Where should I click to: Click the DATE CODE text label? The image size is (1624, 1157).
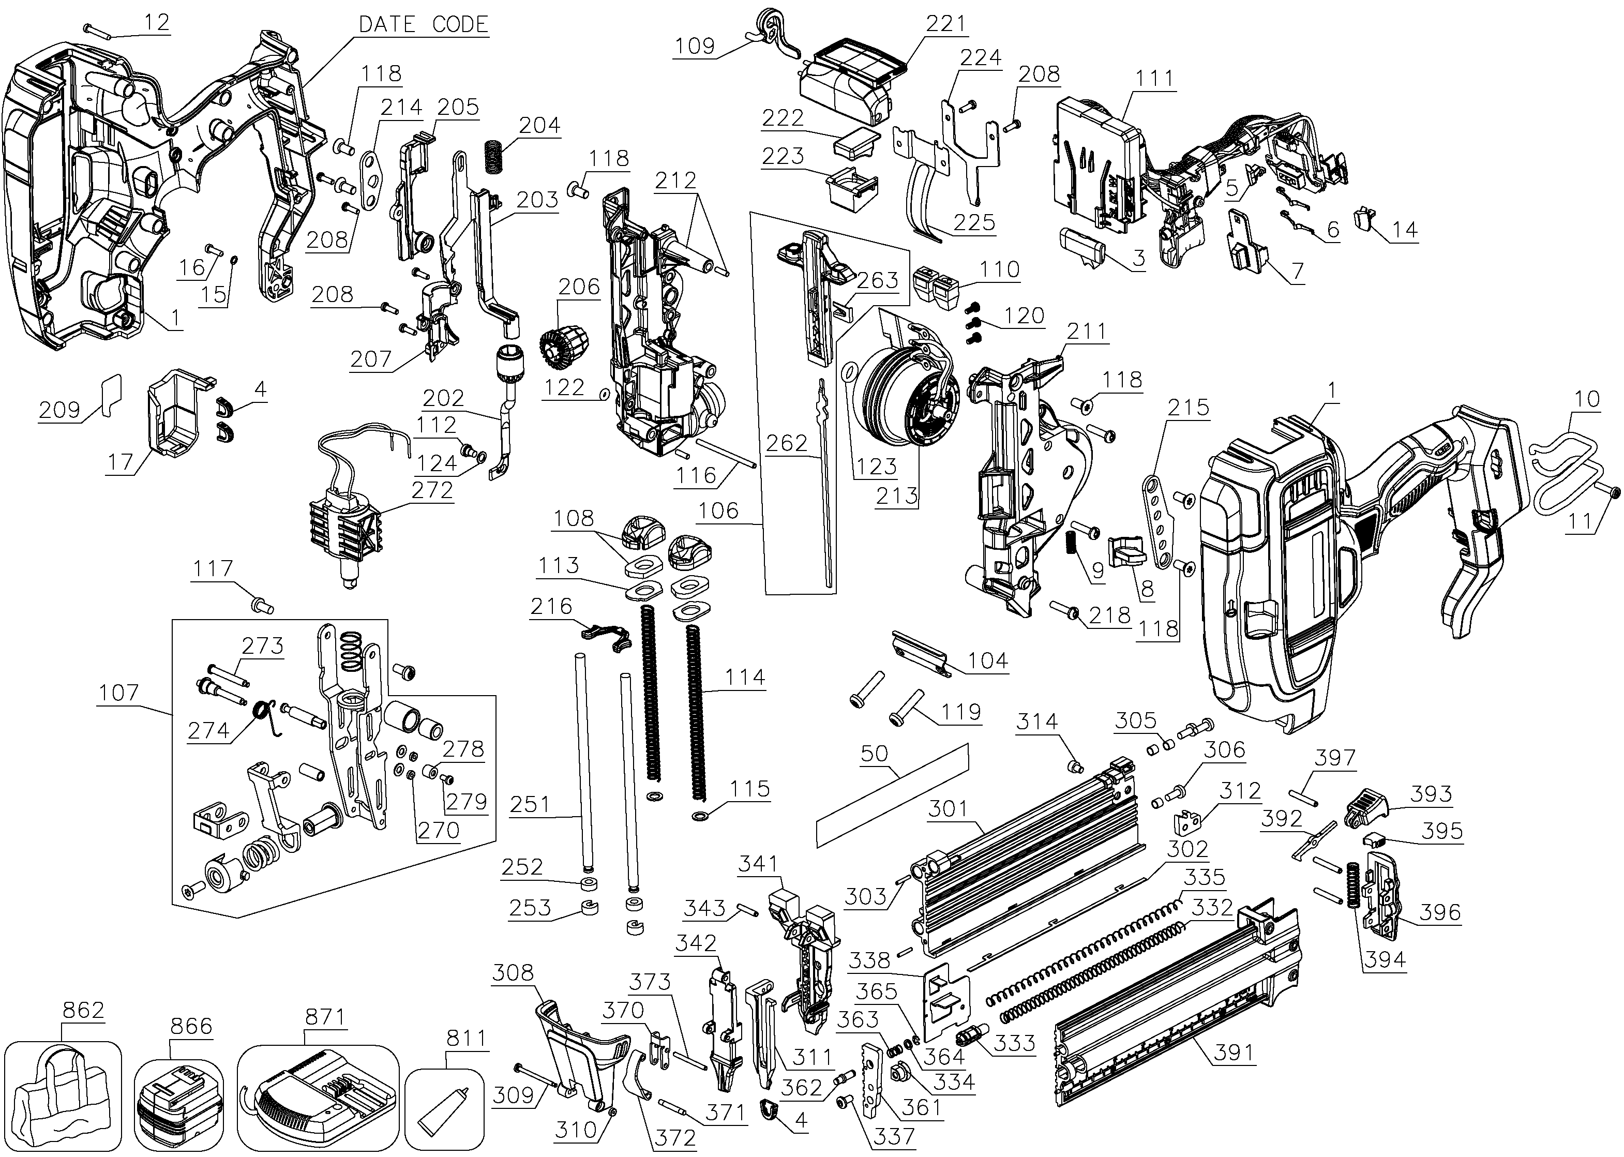point(423,24)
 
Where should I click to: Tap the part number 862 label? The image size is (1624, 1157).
point(83,1010)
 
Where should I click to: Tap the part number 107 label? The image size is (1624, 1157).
point(119,692)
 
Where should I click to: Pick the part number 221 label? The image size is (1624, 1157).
point(945,23)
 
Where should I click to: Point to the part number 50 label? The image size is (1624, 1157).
point(874,753)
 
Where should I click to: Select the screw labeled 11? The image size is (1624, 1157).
point(1611,493)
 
